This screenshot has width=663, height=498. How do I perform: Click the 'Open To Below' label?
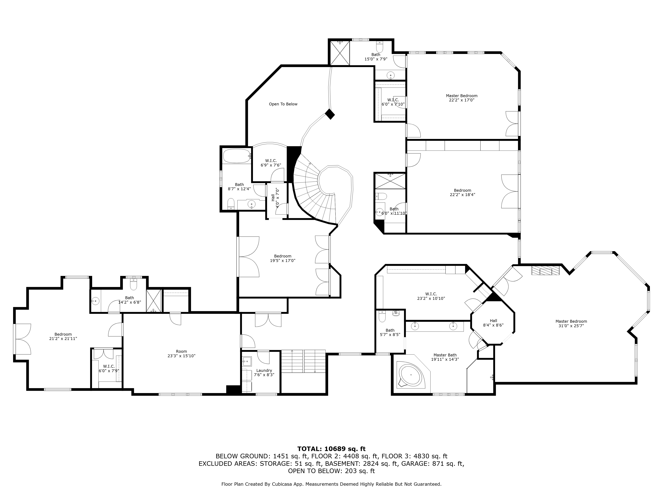point(283,104)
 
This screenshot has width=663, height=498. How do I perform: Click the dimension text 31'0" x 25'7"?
point(571,326)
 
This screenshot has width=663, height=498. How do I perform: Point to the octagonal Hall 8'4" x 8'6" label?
point(493,323)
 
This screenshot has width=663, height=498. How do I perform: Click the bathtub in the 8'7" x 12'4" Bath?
point(237,156)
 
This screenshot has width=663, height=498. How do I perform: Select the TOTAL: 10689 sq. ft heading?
point(331,449)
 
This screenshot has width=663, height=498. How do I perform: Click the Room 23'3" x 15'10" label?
point(181,353)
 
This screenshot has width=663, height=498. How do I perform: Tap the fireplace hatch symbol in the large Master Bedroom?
point(545,270)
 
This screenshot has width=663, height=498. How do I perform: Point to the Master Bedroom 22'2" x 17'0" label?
point(462,98)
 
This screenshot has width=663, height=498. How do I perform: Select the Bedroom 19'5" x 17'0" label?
point(283,258)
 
